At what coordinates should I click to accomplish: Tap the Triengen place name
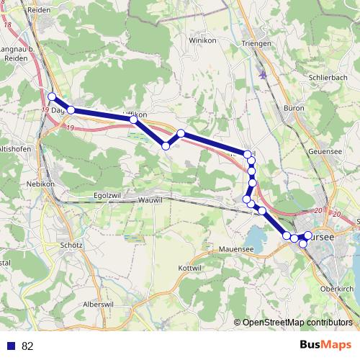click(258, 44)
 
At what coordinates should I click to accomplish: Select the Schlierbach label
click(328, 76)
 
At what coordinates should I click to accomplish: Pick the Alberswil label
click(99, 305)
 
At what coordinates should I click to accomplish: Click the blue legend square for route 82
click(11, 346)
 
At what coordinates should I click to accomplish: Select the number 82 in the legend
click(27, 346)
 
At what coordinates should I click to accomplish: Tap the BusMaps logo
click(325, 346)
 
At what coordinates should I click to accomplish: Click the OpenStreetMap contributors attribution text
click(297, 323)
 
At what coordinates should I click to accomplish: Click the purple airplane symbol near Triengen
click(264, 73)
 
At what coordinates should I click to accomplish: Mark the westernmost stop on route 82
click(52, 96)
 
